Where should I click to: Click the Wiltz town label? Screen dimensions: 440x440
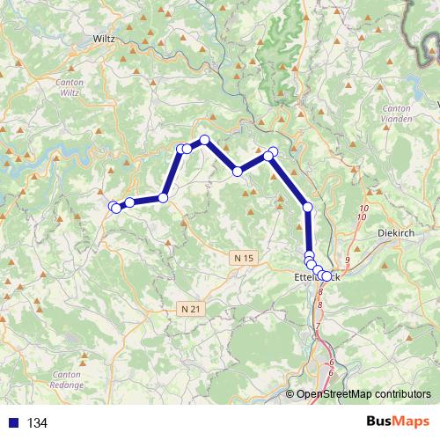[x=105, y=38]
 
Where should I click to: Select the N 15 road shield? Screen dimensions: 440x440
[x=245, y=257]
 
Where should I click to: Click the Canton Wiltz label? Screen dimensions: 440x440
[x=69, y=87]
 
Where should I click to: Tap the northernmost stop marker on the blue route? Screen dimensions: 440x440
[x=204, y=140]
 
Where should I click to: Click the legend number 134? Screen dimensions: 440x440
[x=37, y=422]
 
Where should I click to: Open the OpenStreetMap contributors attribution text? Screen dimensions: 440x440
[x=363, y=395]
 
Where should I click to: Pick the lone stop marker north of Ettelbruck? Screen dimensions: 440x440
[x=308, y=207]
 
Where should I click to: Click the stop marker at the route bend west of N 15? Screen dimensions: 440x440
[x=163, y=198]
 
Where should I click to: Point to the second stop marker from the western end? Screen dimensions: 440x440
[x=129, y=202]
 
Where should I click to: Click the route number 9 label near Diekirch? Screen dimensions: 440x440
[x=348, y=260]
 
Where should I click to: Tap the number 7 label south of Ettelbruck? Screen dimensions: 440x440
[x=318, y=326]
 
